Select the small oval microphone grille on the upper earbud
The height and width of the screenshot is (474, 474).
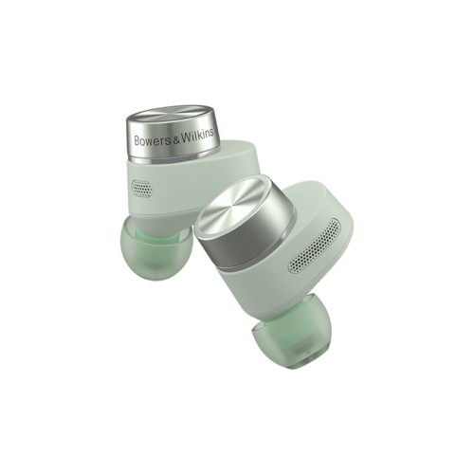point(141,188)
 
